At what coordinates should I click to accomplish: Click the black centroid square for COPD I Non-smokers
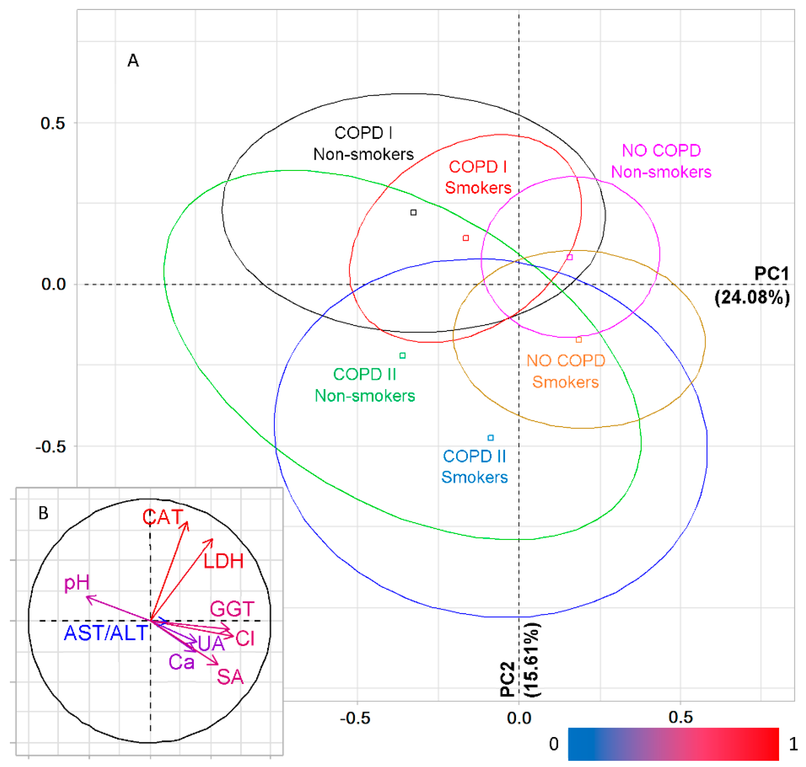click(414, 213)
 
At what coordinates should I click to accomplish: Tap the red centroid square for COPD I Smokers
click(466, 238)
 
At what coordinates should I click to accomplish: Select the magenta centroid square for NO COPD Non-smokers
click(570, 257)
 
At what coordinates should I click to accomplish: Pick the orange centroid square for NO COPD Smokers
click(579, 340)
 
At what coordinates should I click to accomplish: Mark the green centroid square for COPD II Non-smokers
click(402, 356)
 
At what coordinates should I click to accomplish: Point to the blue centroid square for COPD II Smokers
click(491, 438)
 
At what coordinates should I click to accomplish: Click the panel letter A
click(133, 61)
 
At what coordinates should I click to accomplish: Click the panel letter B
click(43, 513)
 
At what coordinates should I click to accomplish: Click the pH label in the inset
click(76, 583)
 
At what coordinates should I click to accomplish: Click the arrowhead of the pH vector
click(87, 598)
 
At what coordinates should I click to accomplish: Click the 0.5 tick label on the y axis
click(53, 123)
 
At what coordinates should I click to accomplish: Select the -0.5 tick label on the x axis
click(355, 718)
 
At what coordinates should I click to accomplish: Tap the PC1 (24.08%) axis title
click(752, 285)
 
